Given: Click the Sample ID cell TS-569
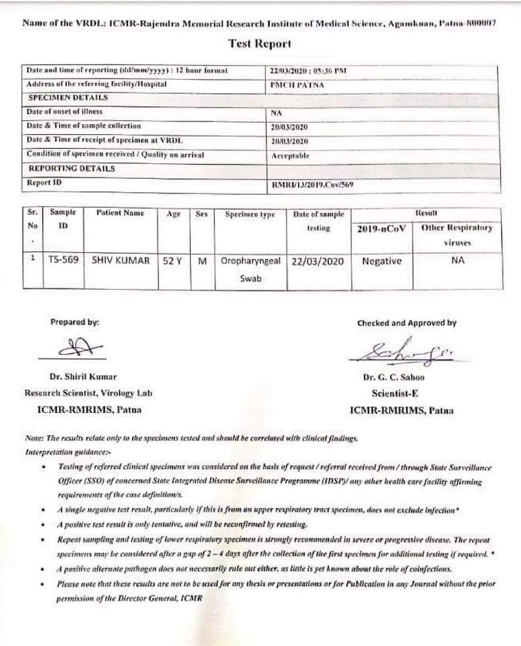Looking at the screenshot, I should pos(63,260).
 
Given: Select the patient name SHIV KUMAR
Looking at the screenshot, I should pos(120,260).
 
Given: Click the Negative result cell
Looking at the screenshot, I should pos(381,260).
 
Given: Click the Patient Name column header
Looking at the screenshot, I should pos(120,214).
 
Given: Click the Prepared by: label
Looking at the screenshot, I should pos(75,322).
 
